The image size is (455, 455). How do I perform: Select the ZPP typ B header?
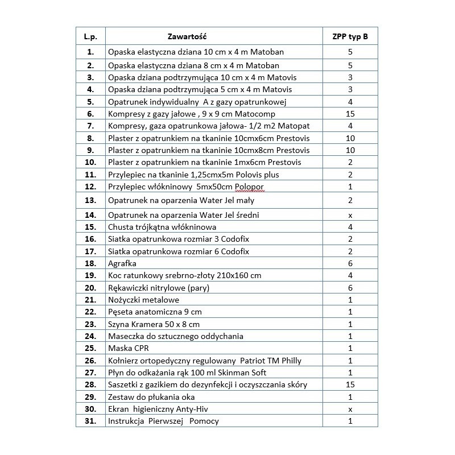click(x=350, y=36)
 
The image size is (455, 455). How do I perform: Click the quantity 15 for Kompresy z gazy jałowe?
click(x=350, y=114)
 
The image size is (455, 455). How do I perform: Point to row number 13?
click(x=90, y=200)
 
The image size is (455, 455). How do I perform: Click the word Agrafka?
click(x=122, y=263)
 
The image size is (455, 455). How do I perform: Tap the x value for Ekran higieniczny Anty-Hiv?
click(x=350, y=409)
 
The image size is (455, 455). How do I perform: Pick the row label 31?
click(x=90, y=421)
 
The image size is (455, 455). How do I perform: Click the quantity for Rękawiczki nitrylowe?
click(x=350, y=288)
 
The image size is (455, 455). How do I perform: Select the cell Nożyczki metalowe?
click(x=144, y=300)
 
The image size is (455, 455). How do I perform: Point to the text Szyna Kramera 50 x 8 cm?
click(x=154, y=324)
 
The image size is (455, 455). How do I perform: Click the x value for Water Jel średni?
click(x=350, y=215)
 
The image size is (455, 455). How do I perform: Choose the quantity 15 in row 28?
click(x=350, y=384)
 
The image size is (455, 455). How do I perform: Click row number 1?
click(x=90, y=52)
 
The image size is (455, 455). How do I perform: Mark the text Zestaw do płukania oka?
click(x=147, y=397)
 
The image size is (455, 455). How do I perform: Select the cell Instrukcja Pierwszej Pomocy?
click(x=163, y=421)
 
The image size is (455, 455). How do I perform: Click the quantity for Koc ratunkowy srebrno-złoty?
click(x=350, y=276)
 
